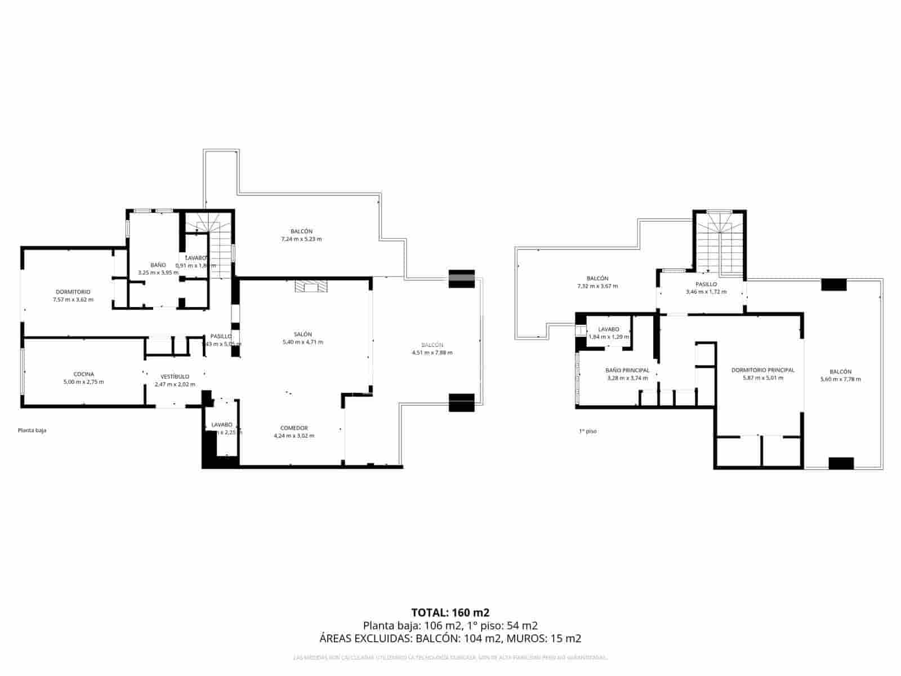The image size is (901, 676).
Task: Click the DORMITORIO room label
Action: pyautogui.click(x=73, y=292)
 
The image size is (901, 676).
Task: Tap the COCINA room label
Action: pyautogui.click(x=83, y=374)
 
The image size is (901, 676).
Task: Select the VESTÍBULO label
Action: pyautogui.click(x=175, y=376)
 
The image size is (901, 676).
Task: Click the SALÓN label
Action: pyautogui.click(x=302, y=334)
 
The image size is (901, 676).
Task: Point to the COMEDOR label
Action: pyautogui.click(x=294, y=428)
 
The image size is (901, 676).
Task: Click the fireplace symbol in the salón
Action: pyautogui.click(x=310, y=287)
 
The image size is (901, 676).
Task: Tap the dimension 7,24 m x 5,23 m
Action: pyautogui.click(x=301, y=239)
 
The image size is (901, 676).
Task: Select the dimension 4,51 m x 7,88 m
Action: pyautogui.click(x=432, y=353)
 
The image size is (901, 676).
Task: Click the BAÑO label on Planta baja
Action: pyautogui.click(x=158, y=265)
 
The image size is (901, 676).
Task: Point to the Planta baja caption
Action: pyautogui.click(x=32, y=430)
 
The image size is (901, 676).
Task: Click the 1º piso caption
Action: pyautogui.click(x=587, y=432)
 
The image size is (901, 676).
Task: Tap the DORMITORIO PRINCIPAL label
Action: pyautogui.click(x=762, y=370)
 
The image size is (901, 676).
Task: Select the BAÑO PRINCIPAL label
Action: pyautogui.click(x=627, y=370)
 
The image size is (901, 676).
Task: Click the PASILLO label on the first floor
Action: pyautogui.click(x=706, y=284)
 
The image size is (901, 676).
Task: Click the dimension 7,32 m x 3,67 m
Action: pyautogui.click(x=597, y=286)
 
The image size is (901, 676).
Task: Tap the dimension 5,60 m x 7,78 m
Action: pyautogui.click(x=840, y=379)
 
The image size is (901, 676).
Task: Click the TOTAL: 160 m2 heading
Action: pyautogui.click(x=450, y=612)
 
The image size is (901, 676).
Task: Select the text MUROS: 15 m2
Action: pyautogui.click(x=543, y=638)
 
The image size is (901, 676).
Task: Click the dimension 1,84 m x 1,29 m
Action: pyautogui.click(x=608, y=337)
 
